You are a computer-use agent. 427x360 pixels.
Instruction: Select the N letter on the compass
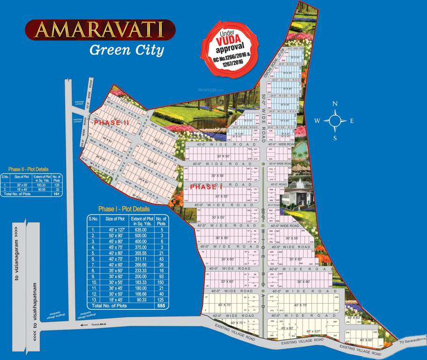(x=335, y=104)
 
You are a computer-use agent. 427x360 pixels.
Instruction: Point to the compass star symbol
(x=335, y=121)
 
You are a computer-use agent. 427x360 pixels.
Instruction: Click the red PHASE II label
(x=111, y=123)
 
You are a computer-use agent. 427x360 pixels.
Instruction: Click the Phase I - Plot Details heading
(x=124, y=209)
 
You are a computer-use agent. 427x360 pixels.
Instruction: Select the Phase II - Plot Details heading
(x=28, y=169)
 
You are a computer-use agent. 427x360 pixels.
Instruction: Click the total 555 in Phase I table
(x=161, y=306)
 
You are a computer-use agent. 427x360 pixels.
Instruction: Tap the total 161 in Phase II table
(x=57, y=193)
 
